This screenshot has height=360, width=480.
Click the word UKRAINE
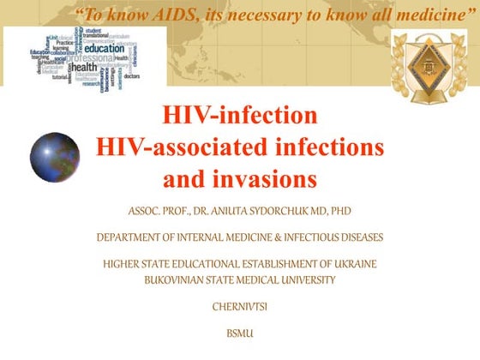pos(358,263)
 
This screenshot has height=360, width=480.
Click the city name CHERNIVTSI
pos(240,305)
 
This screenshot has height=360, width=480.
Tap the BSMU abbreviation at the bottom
pos(239,332)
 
